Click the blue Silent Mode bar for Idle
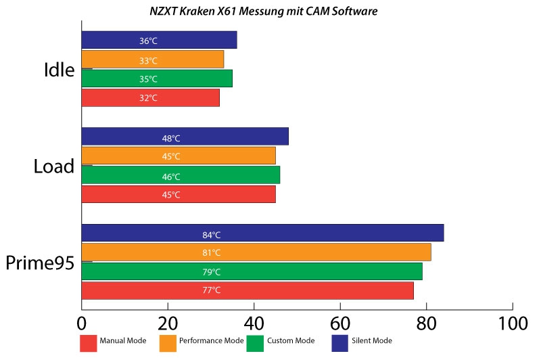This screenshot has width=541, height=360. click(159, 40)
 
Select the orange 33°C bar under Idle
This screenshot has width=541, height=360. click(152, 60)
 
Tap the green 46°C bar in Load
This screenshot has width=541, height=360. click(181, 175)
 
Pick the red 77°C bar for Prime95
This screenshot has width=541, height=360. click(248, 290)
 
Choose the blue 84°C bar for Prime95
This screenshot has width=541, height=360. click(262, 233)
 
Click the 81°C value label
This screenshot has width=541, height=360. click(212, 253)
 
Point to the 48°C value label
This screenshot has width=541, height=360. click(171, 139)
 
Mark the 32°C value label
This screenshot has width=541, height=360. click(148, 98)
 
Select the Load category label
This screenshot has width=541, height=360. click(53, 166)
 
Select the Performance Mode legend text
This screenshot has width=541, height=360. click(211, 340)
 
